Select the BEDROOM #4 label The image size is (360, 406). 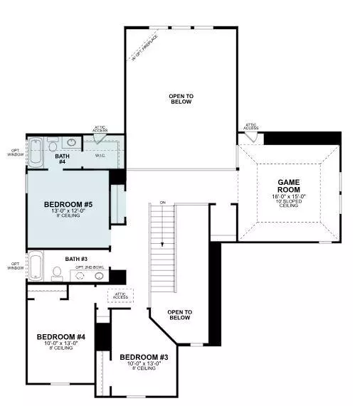click(61, 336)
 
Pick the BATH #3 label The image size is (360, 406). click(75, 259)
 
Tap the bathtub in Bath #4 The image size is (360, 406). click(36, 152)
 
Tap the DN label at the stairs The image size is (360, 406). click(162, 204)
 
